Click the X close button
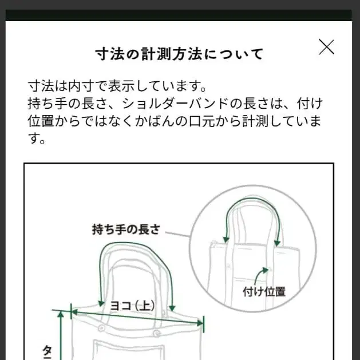(x=326, y=47)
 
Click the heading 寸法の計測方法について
(x=180, y=54)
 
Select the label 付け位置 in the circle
(x=264, y=291)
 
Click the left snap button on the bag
(x=101, y=327)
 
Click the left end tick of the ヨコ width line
(x=72, y=312)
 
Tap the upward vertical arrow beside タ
(x=60, y=335)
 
